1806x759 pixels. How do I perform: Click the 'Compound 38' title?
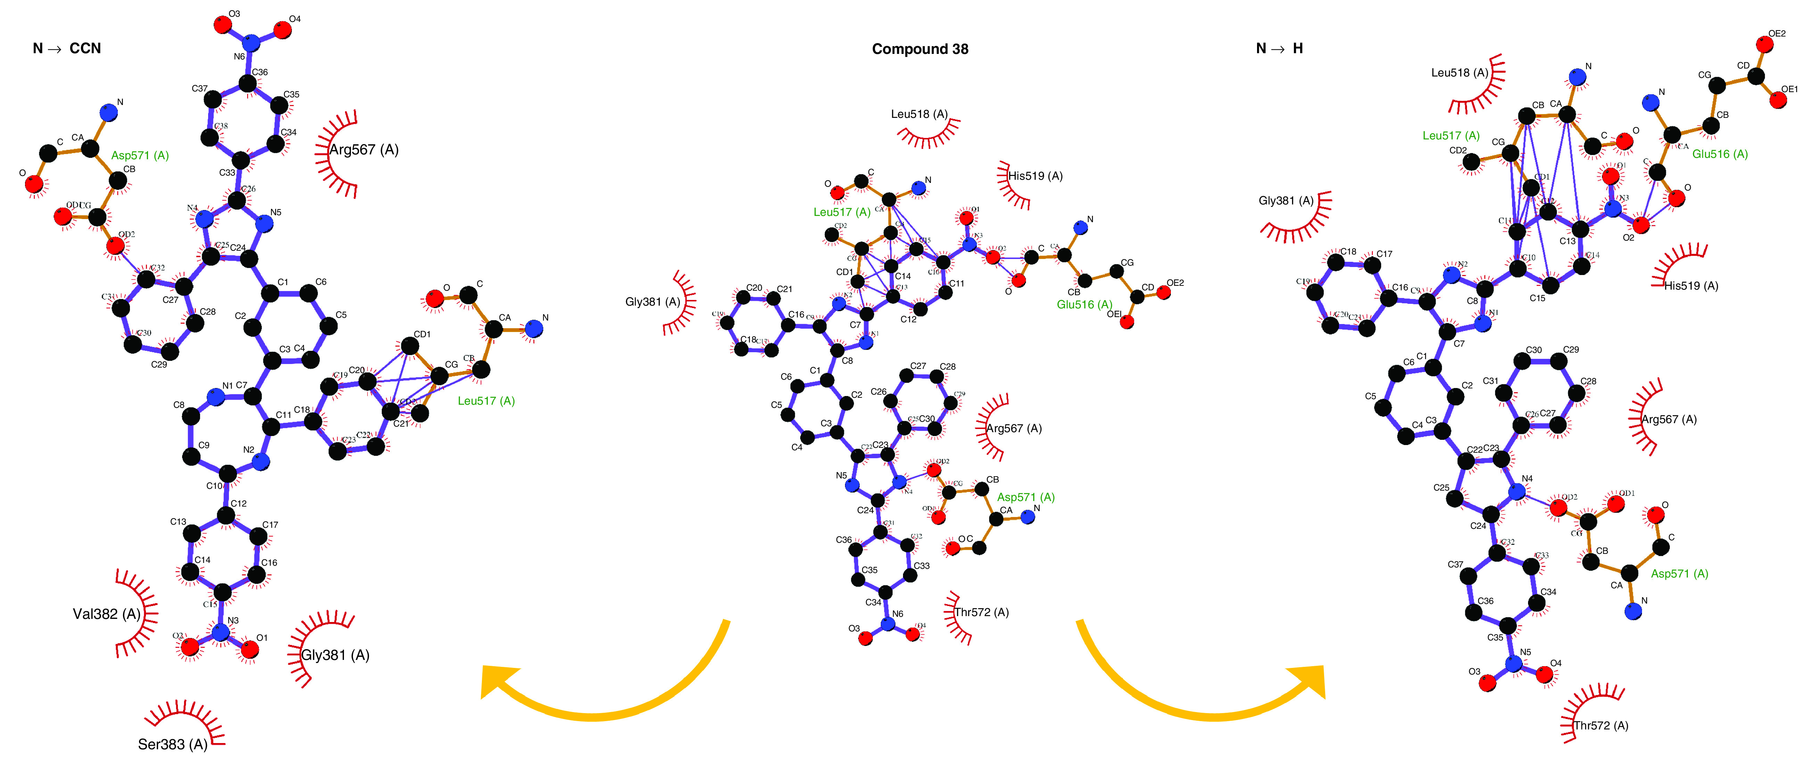(920, 49)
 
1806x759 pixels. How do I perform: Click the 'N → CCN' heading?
(67, 48)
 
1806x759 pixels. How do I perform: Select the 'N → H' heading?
(1280, 48)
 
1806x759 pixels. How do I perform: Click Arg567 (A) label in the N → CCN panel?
(364, 150)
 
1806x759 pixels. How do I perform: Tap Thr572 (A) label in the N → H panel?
(1601, 725)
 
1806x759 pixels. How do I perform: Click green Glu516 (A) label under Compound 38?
(1084, 305)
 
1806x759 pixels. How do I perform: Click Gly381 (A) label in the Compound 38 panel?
(652, 302)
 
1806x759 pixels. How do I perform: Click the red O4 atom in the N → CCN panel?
(282, 30)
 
